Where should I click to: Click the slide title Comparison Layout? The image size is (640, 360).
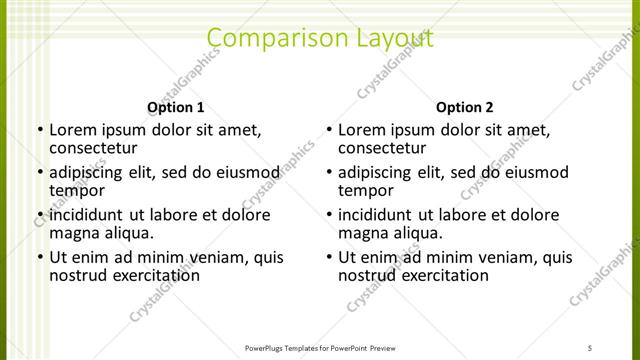(x=319, y=39)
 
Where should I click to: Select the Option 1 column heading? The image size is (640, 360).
(x=176, y=107)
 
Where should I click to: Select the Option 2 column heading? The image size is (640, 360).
(x=465, y=107)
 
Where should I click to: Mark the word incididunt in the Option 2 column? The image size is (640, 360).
(x=382, y=215)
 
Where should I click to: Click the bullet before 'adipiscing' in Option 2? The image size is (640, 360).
(x=328, y=172)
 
